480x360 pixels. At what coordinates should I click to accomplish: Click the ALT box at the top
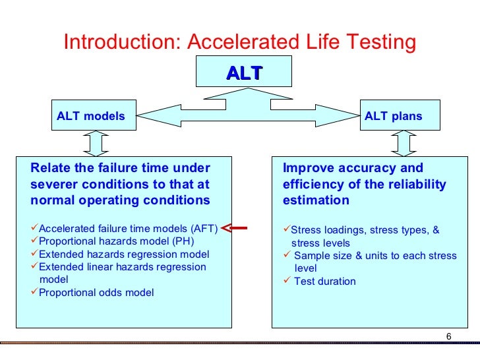(x=244, y=73)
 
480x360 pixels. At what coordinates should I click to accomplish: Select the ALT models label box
(x=91, y=117)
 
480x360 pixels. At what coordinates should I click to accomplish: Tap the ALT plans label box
(x=394, y=117)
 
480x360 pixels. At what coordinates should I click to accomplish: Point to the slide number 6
(x=448, y=338)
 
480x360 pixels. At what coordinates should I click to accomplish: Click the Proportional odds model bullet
(x=96, y=292)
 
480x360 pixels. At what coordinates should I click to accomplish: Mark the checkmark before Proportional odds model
(x=35, y=291)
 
